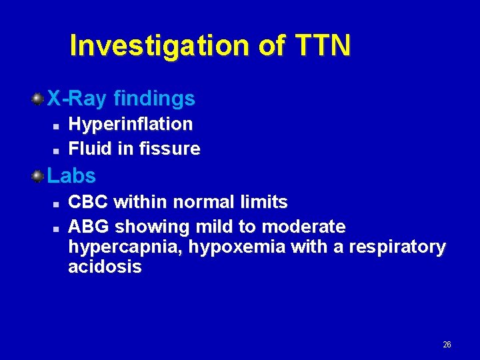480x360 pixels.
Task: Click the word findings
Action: tap(154, 99)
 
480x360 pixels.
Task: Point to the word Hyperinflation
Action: tap(131, 124)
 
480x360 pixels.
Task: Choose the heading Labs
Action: tap(71, 176)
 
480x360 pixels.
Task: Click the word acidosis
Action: tap(105, 267)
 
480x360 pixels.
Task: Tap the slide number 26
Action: tap(447, 345)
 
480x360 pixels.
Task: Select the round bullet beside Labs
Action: tap(39, 176)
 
